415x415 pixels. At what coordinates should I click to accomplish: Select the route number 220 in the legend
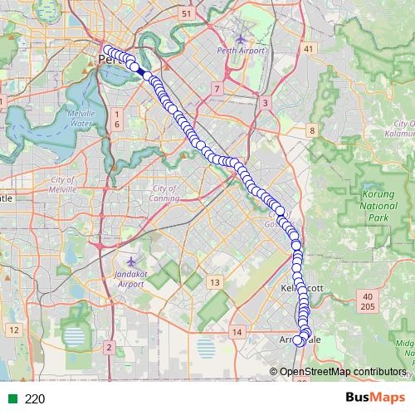click(x=35, y=398)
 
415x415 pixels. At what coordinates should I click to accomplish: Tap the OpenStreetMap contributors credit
click(x=343, y=371)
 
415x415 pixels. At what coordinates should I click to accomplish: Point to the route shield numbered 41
click(x=310, y=50)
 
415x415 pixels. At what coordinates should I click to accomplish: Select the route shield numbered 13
click(x=215, y=283)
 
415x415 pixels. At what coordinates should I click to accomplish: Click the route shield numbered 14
click(x=237, y=332)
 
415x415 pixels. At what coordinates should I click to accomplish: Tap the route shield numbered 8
click(x=311, y=130)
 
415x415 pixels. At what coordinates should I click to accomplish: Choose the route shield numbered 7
click(x=216, y=88)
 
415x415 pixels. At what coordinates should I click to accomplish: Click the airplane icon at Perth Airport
click(x=241, y=37)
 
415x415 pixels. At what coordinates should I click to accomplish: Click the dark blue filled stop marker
click(x=146, y=75)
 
